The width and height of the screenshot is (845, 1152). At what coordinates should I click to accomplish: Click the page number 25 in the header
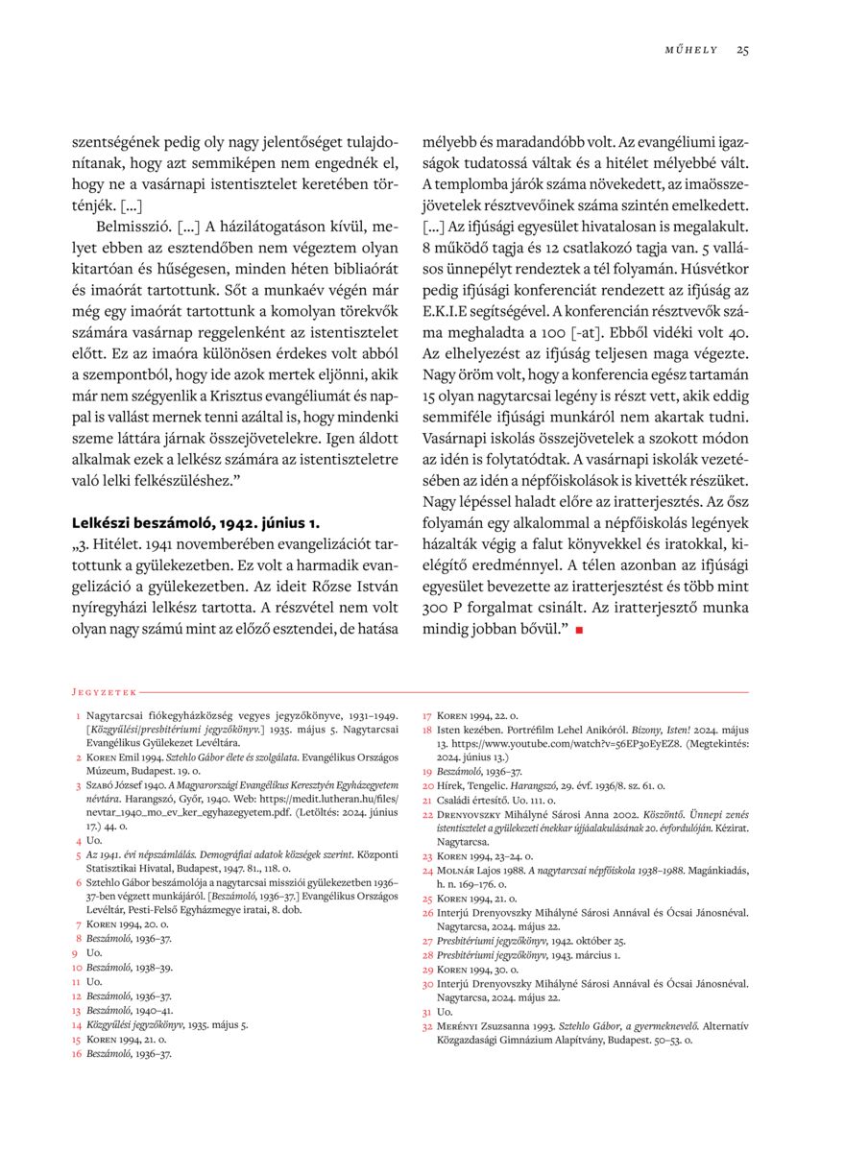[742, 50]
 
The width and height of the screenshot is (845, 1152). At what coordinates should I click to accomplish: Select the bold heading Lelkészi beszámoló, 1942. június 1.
[195, 523]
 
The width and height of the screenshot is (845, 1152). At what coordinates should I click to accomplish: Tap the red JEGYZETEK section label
[105, 690]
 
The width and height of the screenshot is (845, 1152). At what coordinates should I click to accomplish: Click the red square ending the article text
[579, 629]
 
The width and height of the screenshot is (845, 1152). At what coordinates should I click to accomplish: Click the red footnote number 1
[78, 716]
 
